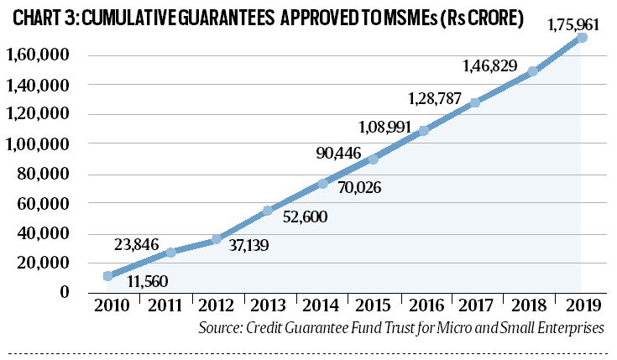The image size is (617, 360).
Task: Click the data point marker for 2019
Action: click(x=582, y=38)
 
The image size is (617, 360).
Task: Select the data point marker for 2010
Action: click(x=107, y=275)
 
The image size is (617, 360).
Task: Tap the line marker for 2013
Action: click(x=268, y=211)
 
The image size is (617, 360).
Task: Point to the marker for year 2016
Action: click(x=424, y=130)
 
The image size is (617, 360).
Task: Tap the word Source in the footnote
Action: click(x=221, y=328)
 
